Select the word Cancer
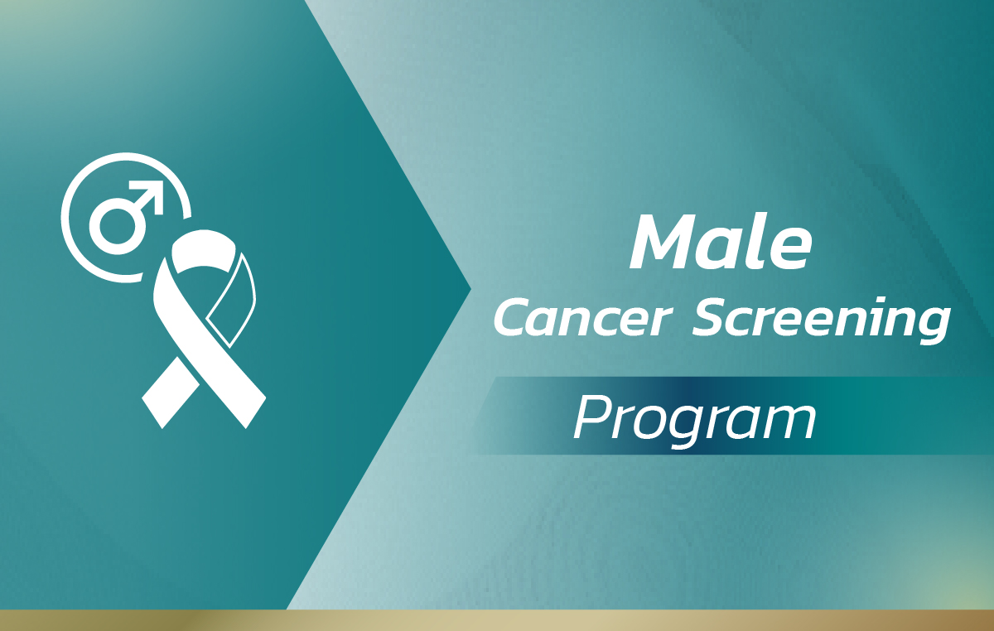click(582, 317)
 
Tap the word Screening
click(821, 320)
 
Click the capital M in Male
click(667, 243)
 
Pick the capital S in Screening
click(713, 317)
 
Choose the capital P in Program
click(594, 417)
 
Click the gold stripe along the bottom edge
click(497, 620)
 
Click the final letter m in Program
click(787, 423)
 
